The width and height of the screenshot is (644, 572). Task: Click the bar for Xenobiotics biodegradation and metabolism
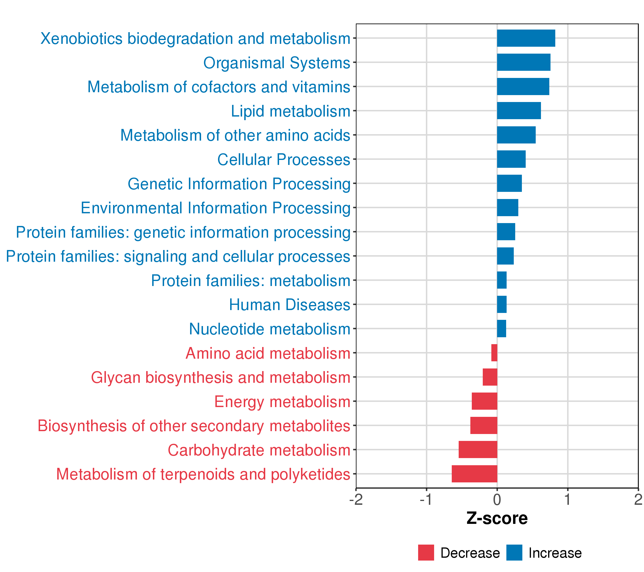526,38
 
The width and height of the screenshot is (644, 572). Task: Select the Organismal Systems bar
524,62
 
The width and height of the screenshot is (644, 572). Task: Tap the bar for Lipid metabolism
519,111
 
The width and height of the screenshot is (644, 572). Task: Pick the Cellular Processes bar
511,159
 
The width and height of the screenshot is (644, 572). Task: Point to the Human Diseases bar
502,304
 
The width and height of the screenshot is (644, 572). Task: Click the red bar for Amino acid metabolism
494,353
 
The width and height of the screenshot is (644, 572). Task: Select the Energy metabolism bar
485,401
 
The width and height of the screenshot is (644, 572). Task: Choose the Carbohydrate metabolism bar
478,449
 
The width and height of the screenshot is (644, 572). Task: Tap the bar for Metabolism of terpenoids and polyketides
474,474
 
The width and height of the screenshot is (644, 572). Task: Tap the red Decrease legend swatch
426,553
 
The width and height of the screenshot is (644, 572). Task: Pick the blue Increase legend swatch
514,553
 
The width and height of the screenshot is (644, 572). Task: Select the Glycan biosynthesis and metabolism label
221,378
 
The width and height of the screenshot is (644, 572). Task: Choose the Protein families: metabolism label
251,281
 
